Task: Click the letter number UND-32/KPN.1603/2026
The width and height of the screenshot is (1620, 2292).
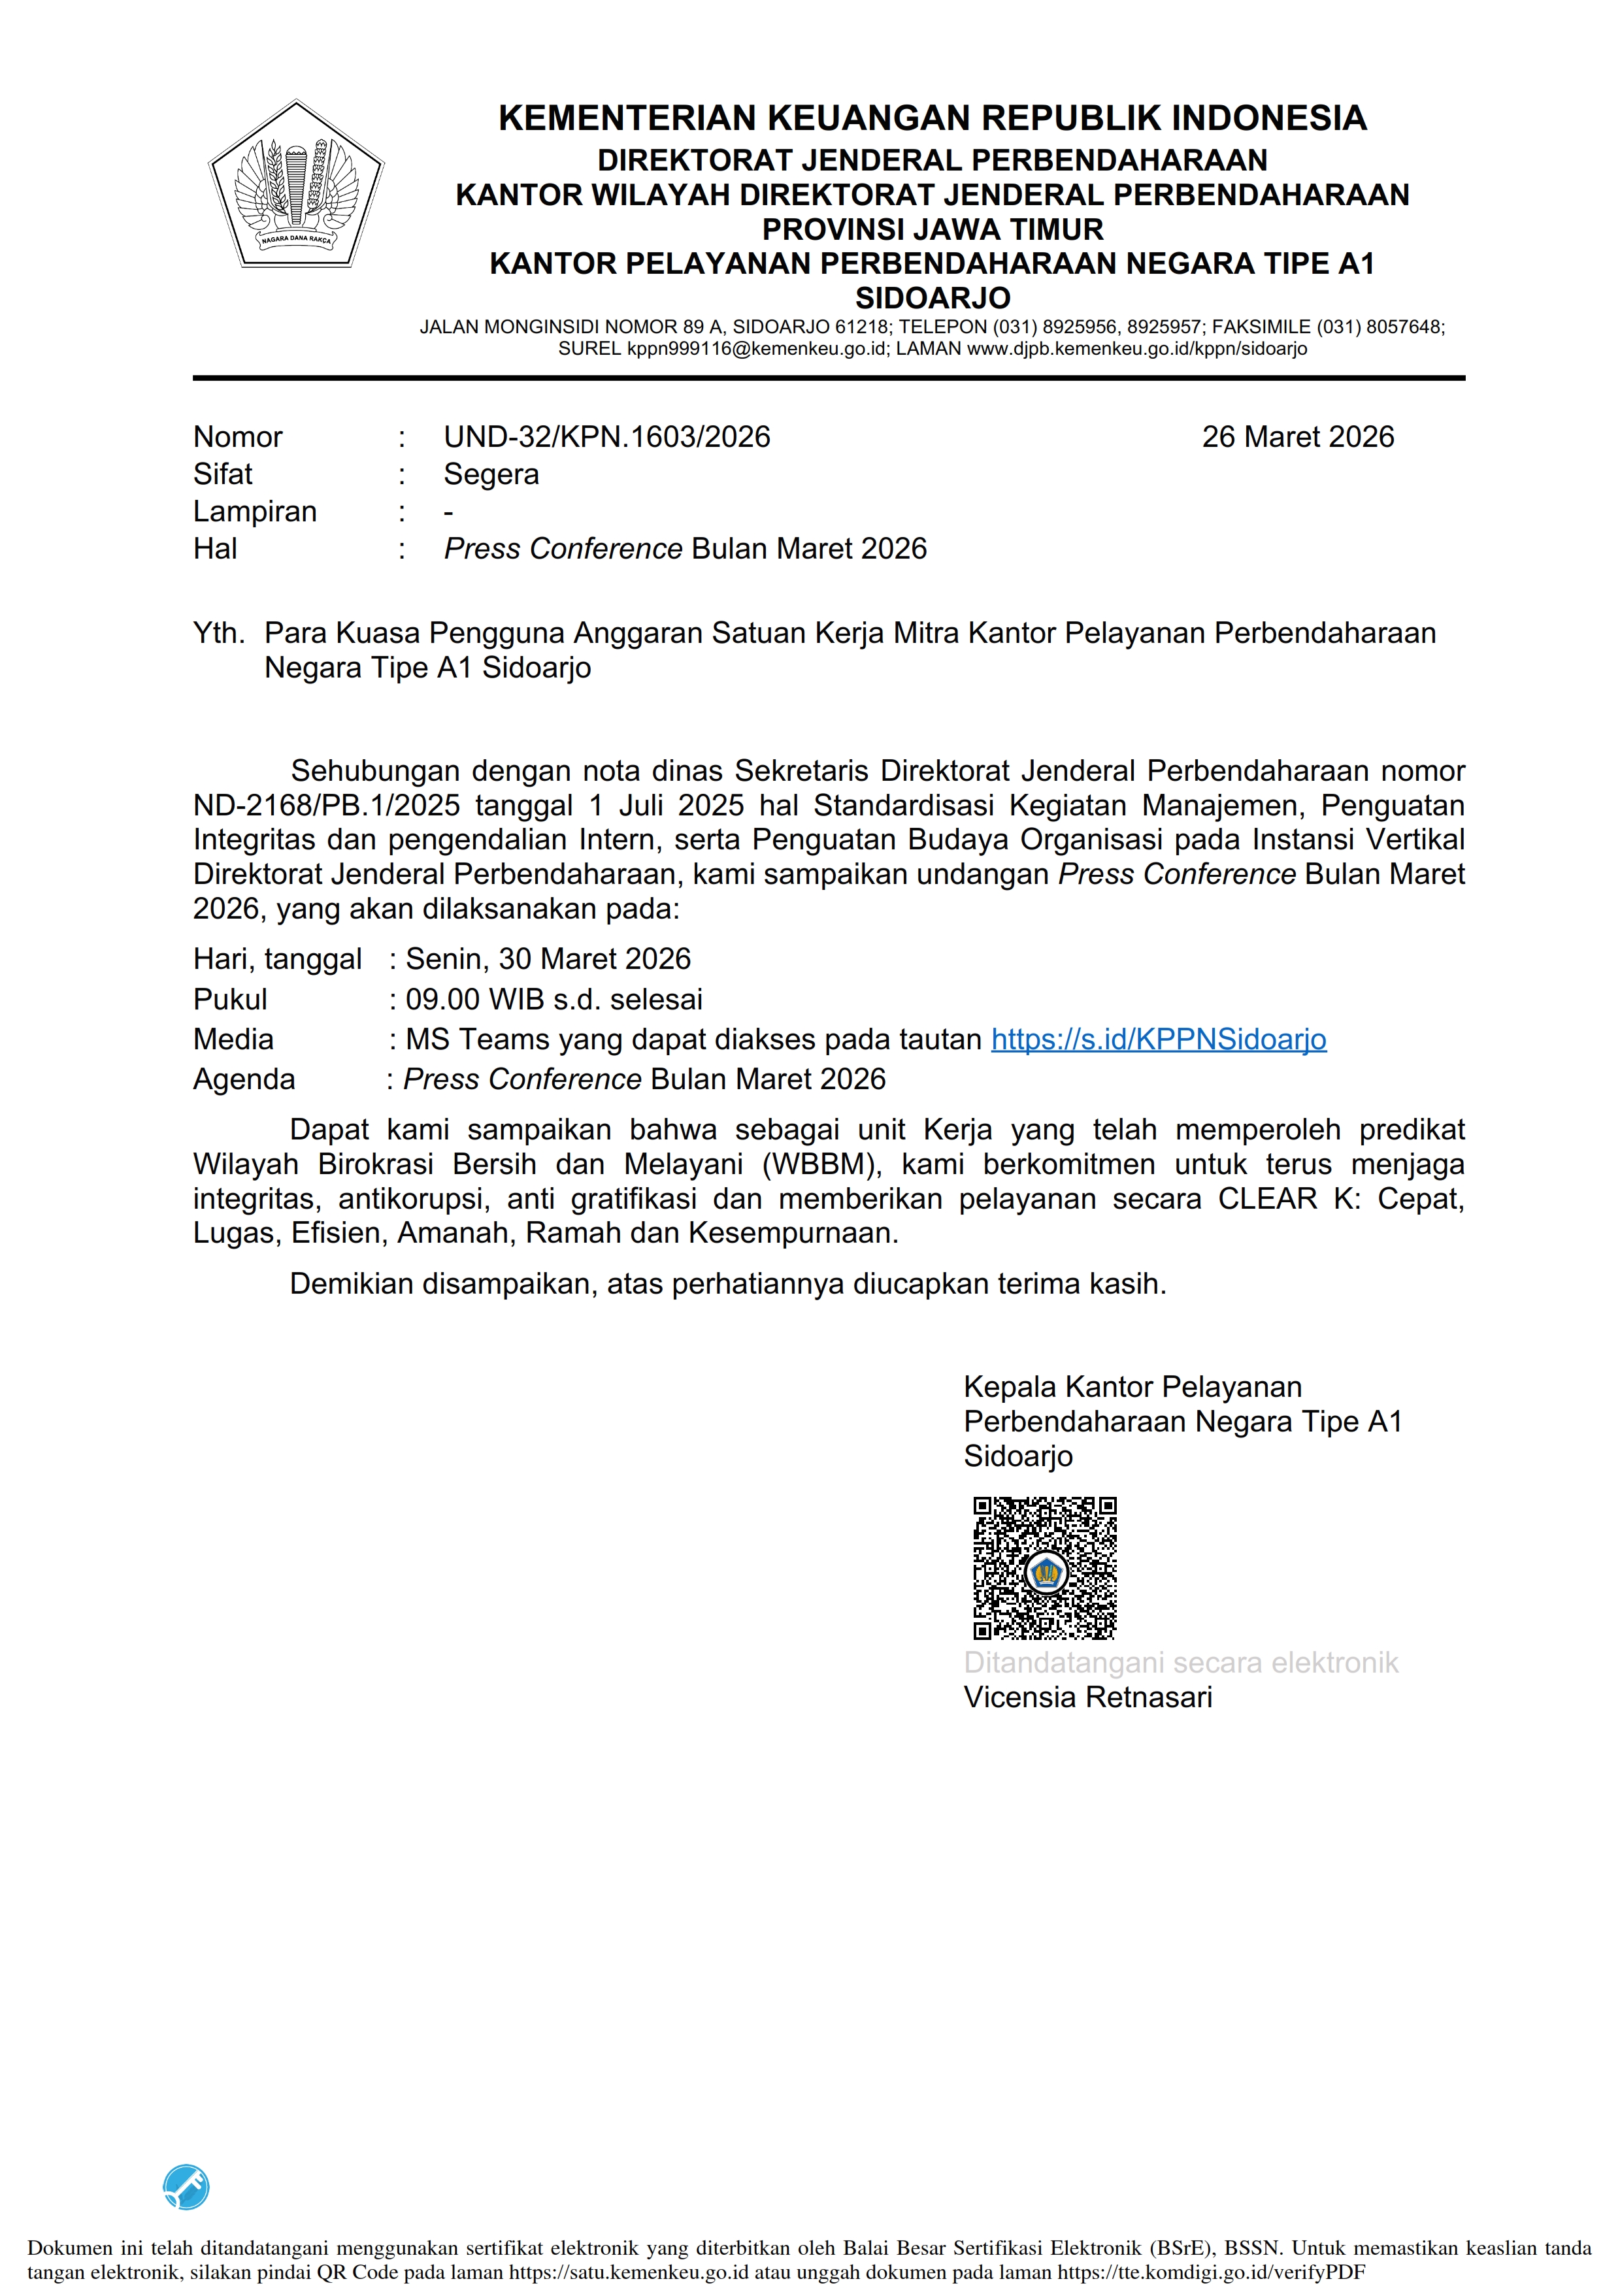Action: coord(607,436)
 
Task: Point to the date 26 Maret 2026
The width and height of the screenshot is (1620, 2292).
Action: coord(1298,436)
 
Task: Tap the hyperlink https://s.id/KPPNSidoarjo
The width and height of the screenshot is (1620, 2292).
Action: coord(1158,1040)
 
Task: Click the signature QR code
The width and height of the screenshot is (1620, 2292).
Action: coord(1044,1567)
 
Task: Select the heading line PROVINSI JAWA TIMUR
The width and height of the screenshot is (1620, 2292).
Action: coord(933,229)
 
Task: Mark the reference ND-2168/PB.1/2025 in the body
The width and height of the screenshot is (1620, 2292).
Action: coord(326,806)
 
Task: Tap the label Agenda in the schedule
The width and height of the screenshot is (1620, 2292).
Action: coord(244,1079)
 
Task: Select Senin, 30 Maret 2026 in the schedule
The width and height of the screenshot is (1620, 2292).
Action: coord(548,958)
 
